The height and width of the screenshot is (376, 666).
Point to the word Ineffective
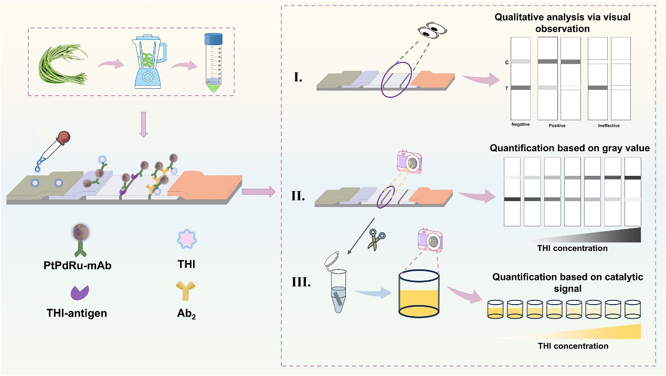pyautogui.click(x=610, y=125)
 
